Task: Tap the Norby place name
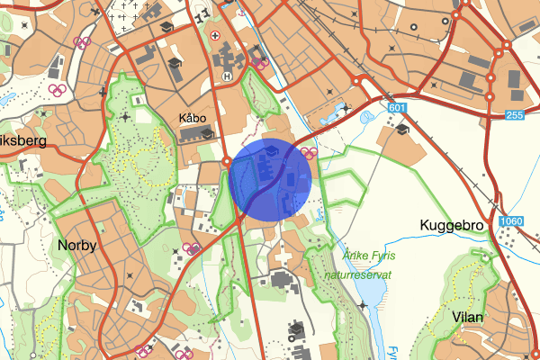pos(76,245)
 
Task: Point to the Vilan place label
pos(468,317)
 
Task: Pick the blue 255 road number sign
pos(514,115)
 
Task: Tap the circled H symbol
pos(228,77)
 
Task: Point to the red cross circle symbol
pos(215,36)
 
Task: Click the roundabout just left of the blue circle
pos(226,162)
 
